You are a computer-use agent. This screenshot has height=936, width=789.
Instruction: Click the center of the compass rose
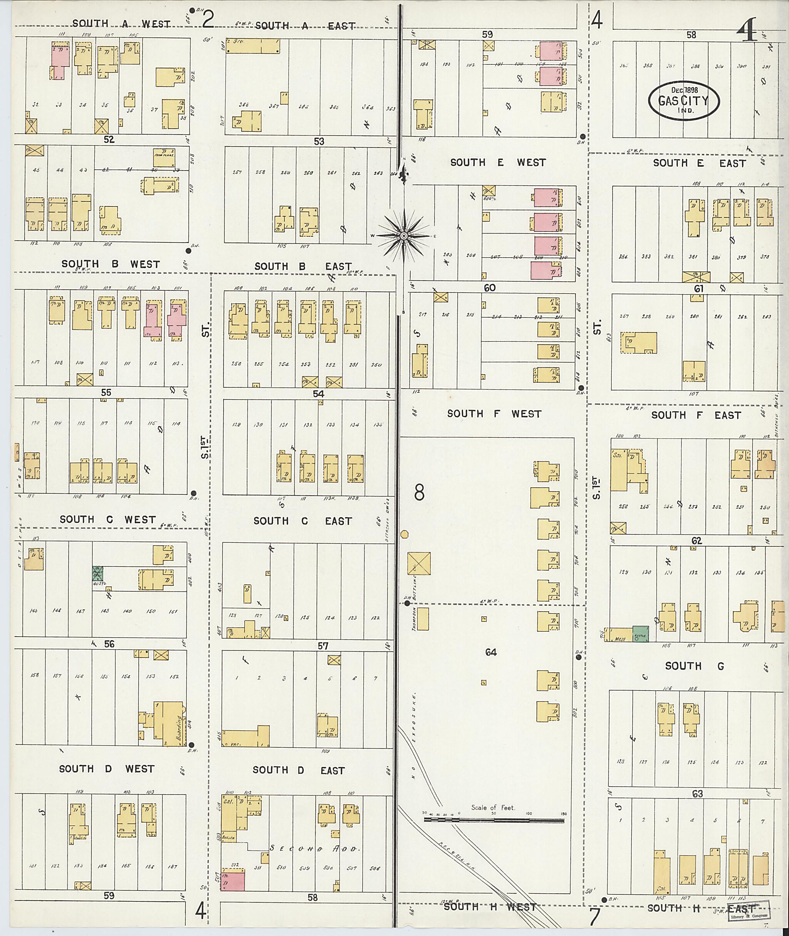(403, 236)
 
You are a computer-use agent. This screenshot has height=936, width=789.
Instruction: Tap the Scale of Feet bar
(494, 820)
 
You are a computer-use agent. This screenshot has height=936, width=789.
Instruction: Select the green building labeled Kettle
(641, 634)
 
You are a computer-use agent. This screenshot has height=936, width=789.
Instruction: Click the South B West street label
(111, 264)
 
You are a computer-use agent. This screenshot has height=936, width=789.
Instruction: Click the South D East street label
(298, 770)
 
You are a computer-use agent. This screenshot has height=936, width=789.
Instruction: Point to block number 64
(491, 652)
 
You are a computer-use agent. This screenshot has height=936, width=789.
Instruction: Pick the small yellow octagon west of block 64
(405, 534)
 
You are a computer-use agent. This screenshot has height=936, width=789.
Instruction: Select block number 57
(323, 645)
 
